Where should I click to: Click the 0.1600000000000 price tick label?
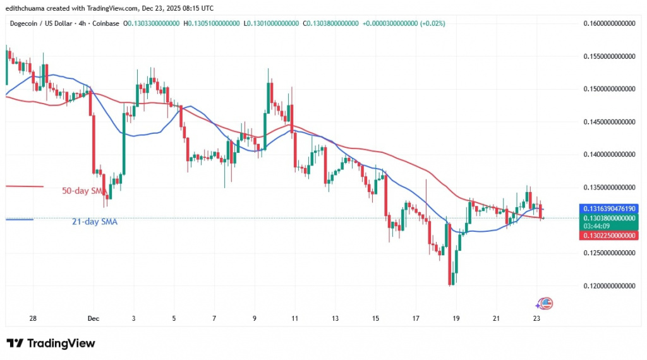click(x=608, y=23)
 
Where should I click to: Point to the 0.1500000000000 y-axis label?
click(x=608, y=89)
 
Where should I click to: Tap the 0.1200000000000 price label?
click(x=608, y=286)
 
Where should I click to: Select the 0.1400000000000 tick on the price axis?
click(x=608, y=155)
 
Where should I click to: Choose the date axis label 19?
click(x=457, y=318)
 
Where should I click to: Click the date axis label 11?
click(x=294, y=318)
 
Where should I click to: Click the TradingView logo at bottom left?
click(x=51, y=344)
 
